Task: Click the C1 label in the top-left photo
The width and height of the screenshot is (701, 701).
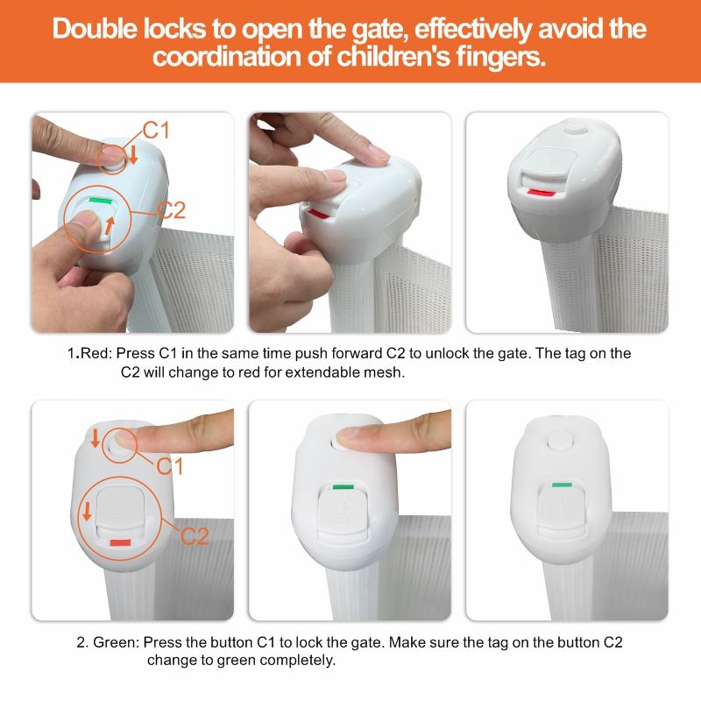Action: (x=156, y=131)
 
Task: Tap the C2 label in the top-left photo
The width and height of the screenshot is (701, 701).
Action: (x=171, y=210)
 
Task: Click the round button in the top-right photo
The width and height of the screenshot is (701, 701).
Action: (x=575, y=126)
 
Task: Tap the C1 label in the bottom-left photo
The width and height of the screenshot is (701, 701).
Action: (x=170, y=466)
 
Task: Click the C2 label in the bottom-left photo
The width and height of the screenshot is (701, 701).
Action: (x=195, y=536)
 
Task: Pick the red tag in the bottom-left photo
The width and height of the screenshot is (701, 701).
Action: (x=120, y=542)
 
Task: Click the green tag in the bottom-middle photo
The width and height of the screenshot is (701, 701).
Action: (x=343, y=486)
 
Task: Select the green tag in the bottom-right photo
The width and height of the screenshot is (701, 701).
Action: (x=562, y=485)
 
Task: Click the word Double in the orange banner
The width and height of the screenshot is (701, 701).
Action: (x=96, y=29)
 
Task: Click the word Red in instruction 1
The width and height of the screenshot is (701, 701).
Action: (x=96, y=353)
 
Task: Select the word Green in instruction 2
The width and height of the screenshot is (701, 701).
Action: (x=117, y=642)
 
